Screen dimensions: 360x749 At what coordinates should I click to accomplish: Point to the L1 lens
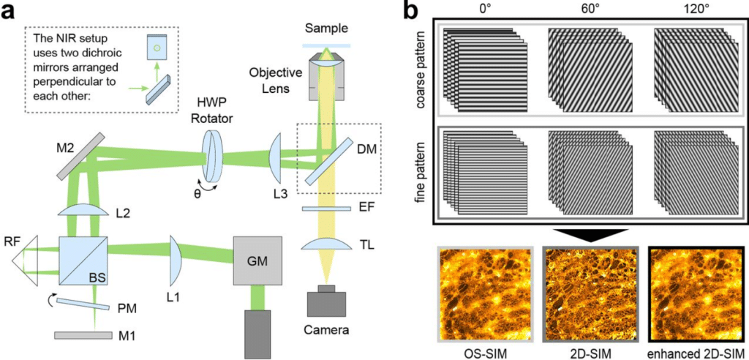tap(174, 260)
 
